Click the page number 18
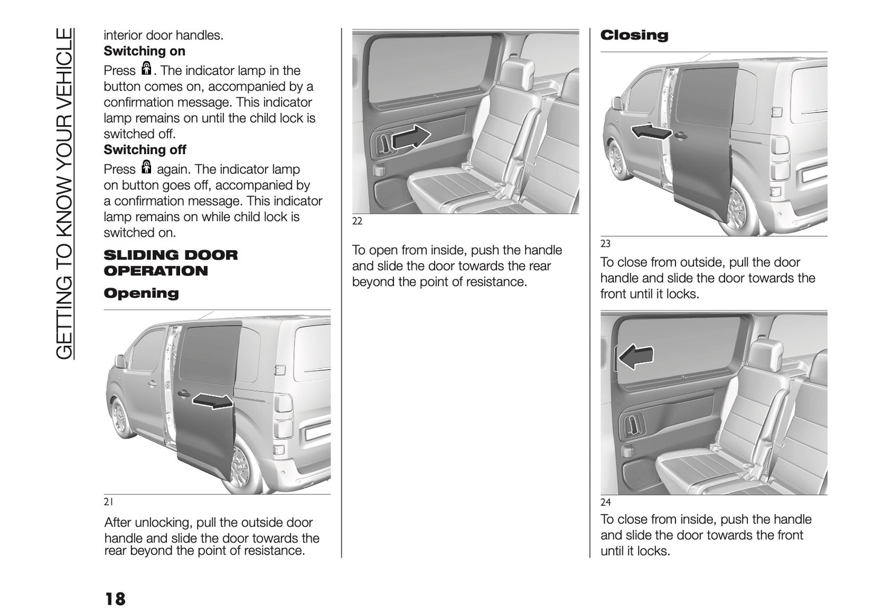[x=115, y=599]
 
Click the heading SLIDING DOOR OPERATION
[x=171, y=263]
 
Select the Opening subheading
[x=141, y=294]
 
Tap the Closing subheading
[x=634, y=35]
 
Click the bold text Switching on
[x=144, y=51]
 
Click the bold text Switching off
[x=145, y=150]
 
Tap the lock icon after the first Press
[x=146, y=68]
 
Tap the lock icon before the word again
[x=146, y=167]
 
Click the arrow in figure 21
[x=213, y=401]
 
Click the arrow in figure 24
[x=637, y=357]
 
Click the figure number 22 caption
[x=357, y=221]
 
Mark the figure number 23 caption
[x=605, y=244]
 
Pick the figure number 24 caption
[x=605, y=503]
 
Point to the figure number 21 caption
[x=109, y=502]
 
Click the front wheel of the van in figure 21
[x=120, y=417]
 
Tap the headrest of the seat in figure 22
[x=517, y=68]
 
